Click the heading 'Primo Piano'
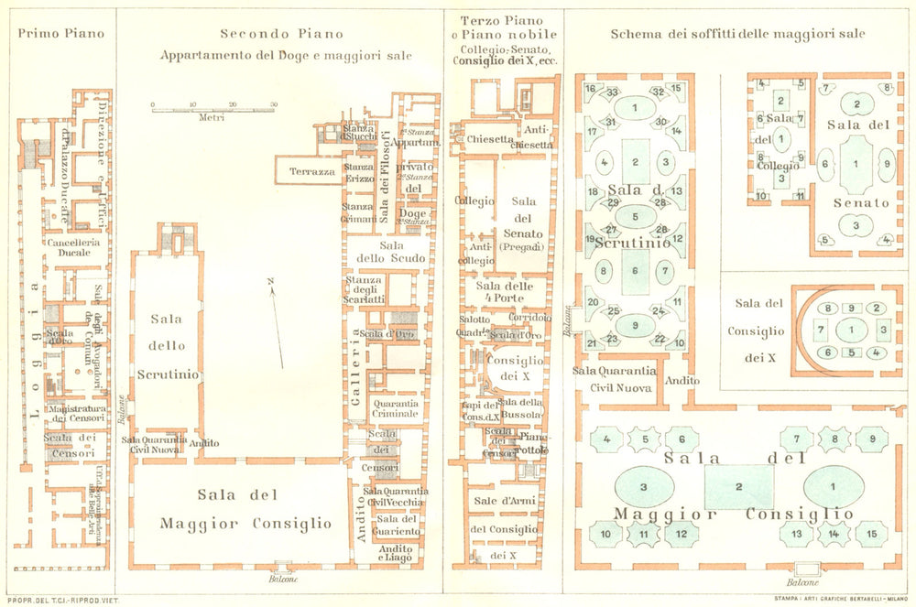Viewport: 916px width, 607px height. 61,34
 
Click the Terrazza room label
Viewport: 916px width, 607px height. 311,171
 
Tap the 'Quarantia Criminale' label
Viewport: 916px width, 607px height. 395,408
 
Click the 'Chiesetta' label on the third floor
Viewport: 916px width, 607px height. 490,139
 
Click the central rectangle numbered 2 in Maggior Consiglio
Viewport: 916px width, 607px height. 738,486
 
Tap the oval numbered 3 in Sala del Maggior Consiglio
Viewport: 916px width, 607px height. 644,486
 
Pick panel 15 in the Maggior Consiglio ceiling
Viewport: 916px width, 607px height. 871,532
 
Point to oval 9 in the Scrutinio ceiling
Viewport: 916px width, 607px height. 635,323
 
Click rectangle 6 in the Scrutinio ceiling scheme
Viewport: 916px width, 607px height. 635,271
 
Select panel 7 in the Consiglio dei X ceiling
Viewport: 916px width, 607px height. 821,328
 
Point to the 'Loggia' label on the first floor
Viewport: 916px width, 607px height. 34,348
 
